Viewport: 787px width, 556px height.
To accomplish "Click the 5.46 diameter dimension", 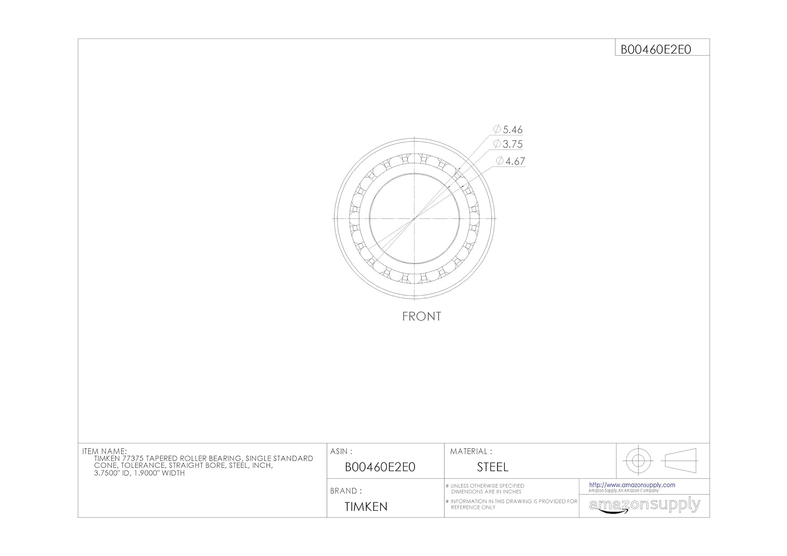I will pyautogui.click(x=508, y=129).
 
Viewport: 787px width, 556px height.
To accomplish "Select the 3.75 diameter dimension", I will pyautogui.click(x=508, y=144).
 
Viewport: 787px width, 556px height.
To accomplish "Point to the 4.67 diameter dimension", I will pyautogui.click(x=511, y=161).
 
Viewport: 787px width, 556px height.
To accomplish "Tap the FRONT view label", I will pyautogui.click(x=421, y=316).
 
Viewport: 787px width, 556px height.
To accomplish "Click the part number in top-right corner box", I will pyautogui.click(x=656, y=49).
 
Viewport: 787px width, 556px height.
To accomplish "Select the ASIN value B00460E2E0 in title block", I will pyautogui.click(x=380, y=467).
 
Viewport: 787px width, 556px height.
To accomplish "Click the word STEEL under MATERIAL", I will pyautogui.click(x=492, y=467).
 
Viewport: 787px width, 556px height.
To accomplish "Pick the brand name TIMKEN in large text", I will pyautogui.click(x=366, y=507).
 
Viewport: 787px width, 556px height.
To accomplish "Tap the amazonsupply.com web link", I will pyautogui.click(x=632, y=485).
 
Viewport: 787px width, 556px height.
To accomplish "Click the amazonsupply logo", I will pyautogui.click(x=644, y=505).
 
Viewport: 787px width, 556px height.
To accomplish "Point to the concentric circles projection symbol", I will pyautogui.click(x=637, y=460).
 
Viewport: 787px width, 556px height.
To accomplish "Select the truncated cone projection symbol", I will pyautogui.click(x=679, y=460).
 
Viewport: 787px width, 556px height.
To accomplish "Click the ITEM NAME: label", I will pyautogui.click(x=104, y=451).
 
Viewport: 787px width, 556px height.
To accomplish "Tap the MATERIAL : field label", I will pyautogui.click(x=471, y=451).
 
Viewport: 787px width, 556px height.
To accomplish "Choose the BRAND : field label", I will pyautogui.click(x=346, y=491).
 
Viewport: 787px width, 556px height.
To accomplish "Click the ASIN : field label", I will pyautogui.click(x=341, y=451).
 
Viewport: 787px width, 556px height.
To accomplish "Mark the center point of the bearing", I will pyautogui.click(x=414, y=218).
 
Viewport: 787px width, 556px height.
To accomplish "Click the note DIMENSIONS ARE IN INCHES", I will pyautogui.click(x=486, y=492).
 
